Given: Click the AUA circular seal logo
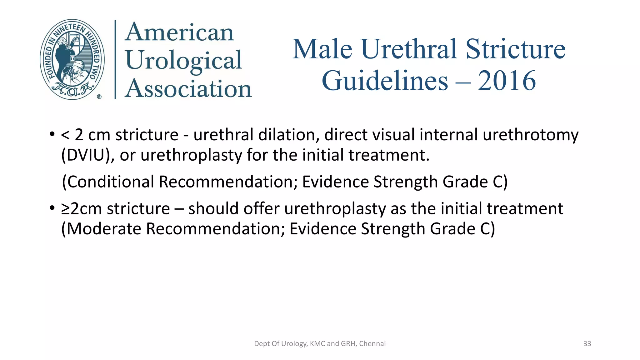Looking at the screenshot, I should pos(72,59).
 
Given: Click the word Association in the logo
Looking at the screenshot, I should pos(188,89).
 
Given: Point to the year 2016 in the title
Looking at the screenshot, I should pos(507,81).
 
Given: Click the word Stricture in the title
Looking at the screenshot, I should pos(516,49).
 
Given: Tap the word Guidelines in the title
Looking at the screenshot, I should pos(385,81).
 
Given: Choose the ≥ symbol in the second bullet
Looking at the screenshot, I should pos(66,209).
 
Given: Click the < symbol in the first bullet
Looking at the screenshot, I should pos(65,135).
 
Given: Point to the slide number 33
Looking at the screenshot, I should pos(587,344).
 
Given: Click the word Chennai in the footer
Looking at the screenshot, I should pos(372,344).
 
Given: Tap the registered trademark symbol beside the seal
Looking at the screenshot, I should pos(99,97).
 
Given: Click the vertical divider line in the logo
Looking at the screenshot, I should pos(115,59).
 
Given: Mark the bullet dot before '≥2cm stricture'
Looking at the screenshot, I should pos(52,208).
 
